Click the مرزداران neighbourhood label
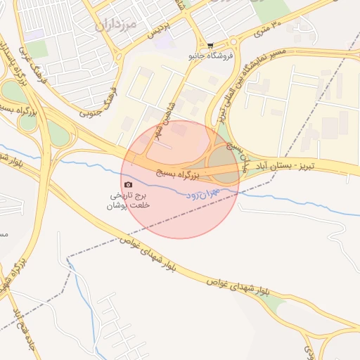(x=114, y=23)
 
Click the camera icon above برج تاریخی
(x=127, y=185)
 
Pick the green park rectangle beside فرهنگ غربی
(x=37, y=48)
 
